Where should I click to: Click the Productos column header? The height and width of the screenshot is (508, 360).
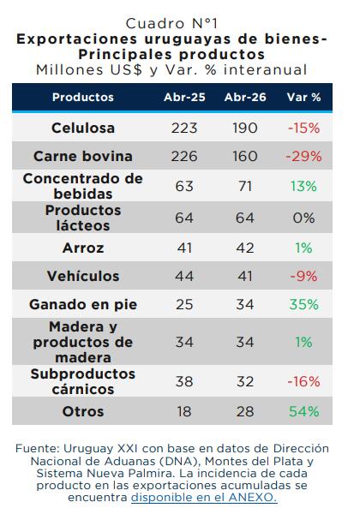(x=83, y=97)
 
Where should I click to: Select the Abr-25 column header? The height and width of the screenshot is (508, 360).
(x=184, y=97)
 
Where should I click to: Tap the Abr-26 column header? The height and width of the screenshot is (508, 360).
(x=245, y=97)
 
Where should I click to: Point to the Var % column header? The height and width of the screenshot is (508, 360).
(x=303, y=97)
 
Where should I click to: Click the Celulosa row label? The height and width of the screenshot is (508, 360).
(x=83, y=128)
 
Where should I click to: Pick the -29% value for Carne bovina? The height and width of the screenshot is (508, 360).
(x=303, y=157)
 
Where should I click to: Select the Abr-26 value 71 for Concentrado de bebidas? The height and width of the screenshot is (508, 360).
(x=245, y=186)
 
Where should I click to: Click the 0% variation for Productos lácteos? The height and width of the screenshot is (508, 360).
(x=303, y=218)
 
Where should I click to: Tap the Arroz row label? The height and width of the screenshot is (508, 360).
(x=83, y=248)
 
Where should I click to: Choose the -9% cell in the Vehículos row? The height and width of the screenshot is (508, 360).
(x=303, y=276)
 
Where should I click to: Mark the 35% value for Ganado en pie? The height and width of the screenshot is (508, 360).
(x=303, y=304)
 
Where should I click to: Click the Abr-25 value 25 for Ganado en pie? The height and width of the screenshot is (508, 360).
(x=184, y=304)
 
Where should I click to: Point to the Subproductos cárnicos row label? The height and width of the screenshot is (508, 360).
(x=83, y=381)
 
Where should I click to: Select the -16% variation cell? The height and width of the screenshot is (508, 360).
(x=303, y=381)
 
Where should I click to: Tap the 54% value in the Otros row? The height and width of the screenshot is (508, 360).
(x=303, y=411)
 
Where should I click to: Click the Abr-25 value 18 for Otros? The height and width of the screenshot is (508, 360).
(x=184, y=411)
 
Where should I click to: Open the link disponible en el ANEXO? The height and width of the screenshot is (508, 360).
(x=204, y=498)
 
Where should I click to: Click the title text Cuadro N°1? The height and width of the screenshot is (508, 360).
(x=172, y=24)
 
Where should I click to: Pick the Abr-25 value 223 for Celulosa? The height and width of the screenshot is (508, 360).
(x=184, y=128)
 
